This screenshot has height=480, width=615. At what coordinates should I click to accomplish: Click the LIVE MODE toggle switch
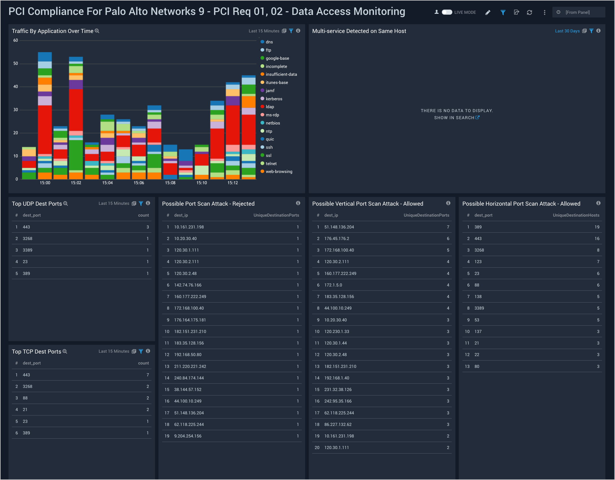pyautogui.click(x=447, y=12)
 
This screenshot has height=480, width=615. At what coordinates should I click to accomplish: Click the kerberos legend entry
pyautogui.click(x=274, y=99)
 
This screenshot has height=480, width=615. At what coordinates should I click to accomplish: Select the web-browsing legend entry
pyautogui.click(x=279, y=172)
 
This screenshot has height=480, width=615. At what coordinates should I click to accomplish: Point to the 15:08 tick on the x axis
pyautogui.click(x=170, y=183)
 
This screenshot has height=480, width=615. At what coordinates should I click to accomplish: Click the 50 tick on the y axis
pyautogui.click(x=16, y=64)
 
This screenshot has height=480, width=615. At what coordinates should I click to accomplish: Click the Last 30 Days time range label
pyautogui.click(x=567, y=31)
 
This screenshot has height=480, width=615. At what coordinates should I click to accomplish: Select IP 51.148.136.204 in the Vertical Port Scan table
pyautogui.click(x=339, y=227)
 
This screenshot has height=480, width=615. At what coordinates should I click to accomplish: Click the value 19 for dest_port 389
pyautogui.click(x=597, y=227)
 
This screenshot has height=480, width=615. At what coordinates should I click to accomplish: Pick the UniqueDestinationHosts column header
pyautogui.click(x=576, y=215)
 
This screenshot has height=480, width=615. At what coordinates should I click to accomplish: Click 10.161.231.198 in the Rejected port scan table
pyautogui.click(x=189, y=227)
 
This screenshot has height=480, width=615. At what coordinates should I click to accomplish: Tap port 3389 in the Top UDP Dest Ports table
pyautogui.click(x=27, y=250)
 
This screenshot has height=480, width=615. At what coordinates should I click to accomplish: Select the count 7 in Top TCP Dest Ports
pyautogui.click(x=147, y=375)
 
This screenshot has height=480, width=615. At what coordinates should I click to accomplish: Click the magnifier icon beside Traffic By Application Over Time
pyautogui.click(x=97, y=31)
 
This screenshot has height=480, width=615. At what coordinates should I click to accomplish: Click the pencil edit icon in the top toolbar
pyautogui.click(x=488, y=12)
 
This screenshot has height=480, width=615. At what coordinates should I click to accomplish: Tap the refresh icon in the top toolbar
pyautogui.click(x=529, y=12)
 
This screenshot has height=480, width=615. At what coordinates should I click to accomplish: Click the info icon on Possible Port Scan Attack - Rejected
pyautogui.click(x=298, y=203)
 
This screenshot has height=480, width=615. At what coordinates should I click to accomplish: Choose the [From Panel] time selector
pyautogui.click(x=577, y=12)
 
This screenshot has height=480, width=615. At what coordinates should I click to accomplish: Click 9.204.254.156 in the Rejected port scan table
pyautogui.click(x=188, y=436)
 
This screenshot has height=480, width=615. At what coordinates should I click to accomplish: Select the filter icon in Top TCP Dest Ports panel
pyautogui.click(x=141, y=351)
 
